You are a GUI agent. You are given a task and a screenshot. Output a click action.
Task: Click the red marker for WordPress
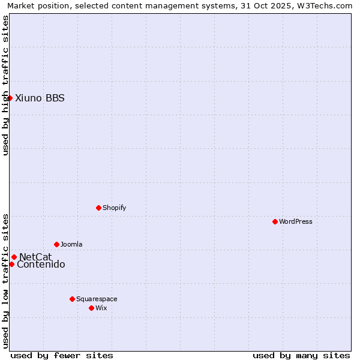[275, 221]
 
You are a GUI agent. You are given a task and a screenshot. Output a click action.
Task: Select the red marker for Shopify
[98, 208]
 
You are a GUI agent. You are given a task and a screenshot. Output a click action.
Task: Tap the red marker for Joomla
[56, 244]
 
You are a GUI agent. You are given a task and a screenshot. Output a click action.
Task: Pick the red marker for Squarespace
[72, 299]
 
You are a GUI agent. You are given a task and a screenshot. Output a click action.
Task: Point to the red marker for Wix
[91, 308]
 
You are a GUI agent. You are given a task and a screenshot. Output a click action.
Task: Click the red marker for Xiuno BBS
[10, 98]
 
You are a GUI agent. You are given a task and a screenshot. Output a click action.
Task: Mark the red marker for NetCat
[14, 257]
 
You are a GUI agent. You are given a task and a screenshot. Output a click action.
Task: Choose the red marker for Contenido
[11, 264]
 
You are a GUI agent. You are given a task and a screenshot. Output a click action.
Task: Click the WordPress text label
[296, 221]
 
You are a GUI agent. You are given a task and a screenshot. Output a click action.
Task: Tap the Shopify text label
[114, 208]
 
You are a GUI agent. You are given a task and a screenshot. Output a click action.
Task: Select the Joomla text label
[71, 244]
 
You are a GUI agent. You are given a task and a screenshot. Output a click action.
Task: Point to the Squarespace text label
[97, 299]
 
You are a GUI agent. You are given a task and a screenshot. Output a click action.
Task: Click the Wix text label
[101, 308]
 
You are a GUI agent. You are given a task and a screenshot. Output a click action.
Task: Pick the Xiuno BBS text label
[40, 98]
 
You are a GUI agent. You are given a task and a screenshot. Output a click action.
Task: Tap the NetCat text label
[35, 257]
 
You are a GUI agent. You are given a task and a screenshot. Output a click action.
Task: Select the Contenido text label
[41, 265]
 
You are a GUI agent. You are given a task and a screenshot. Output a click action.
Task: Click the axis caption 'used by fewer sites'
[62, 355]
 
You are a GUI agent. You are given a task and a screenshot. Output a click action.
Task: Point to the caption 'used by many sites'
[301, 355]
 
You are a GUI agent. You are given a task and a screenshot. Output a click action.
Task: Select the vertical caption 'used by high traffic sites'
[5, 85]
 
